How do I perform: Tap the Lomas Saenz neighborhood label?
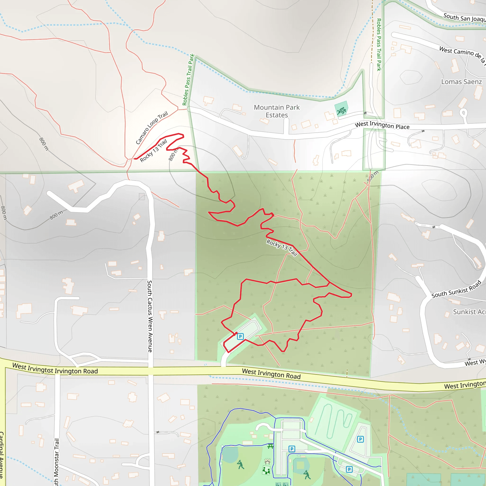461,82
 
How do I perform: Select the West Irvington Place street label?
382,125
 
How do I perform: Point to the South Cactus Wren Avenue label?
150,316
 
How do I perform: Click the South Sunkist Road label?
456,289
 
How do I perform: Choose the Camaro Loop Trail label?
151,128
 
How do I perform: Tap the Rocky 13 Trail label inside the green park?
282,248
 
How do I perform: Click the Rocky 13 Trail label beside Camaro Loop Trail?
153,151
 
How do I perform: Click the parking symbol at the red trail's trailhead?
240,336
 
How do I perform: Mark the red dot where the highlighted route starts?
236,333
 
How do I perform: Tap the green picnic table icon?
271,447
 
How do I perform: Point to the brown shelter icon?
267,462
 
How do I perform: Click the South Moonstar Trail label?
57,462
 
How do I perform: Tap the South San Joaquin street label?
464,18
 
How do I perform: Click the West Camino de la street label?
462,54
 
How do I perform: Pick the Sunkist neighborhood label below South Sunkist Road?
469,312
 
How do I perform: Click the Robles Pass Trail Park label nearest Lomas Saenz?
379,45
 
